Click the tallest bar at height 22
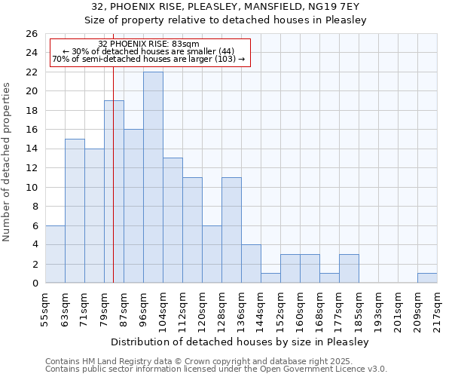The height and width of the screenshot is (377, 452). coord(153,177)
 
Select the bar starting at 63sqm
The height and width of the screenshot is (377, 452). coord(75,211)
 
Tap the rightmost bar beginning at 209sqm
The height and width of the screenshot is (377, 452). coord(427,278)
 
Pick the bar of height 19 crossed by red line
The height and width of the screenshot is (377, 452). coord(114,192)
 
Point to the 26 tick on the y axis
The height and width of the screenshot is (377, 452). coord(32,34)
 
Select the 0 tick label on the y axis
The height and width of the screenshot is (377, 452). coord(35,284)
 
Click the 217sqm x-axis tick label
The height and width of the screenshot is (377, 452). coord(438,311)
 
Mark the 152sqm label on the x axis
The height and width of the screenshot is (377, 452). coord(281,311)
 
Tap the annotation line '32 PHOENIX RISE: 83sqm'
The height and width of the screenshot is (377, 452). coord(148,44)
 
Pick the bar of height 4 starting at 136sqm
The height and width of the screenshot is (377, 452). coord(251,264)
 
